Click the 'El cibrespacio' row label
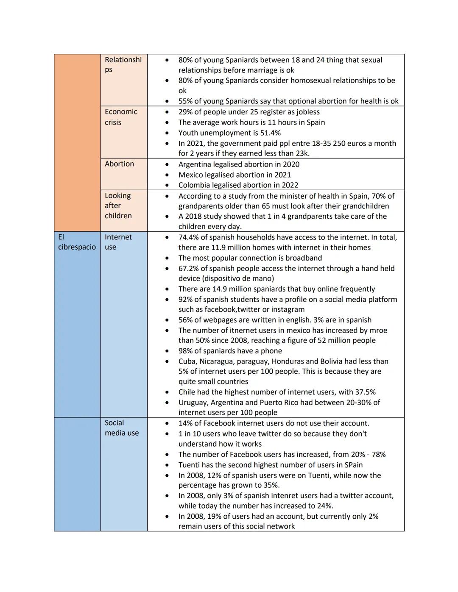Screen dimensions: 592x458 pos(77,242)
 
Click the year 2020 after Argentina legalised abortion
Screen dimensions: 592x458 pos(290,164)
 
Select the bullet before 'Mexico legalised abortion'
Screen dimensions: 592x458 pos(167,175)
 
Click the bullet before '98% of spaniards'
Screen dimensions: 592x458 pos(167,351)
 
